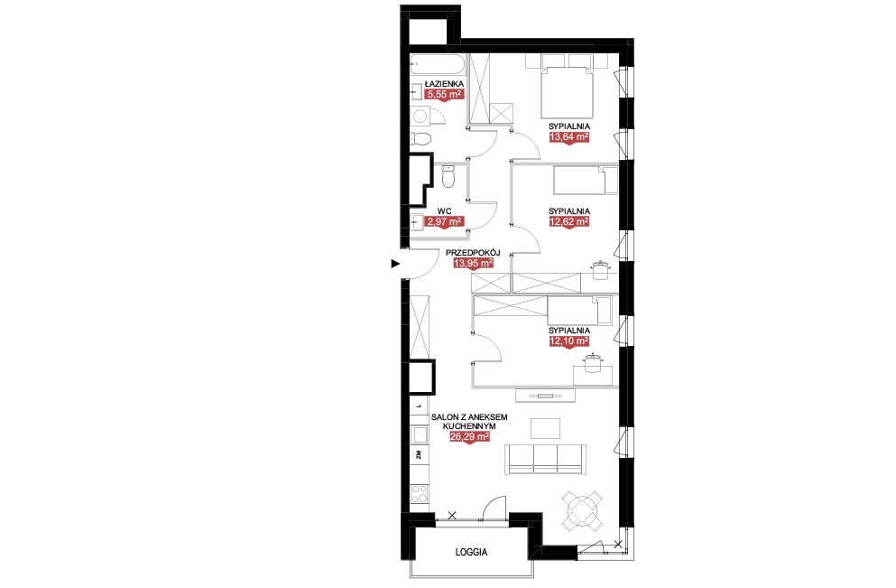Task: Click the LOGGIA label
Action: click(471, 552)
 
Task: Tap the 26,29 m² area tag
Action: click(470, 436)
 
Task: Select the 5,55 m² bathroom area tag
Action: click(444, 94)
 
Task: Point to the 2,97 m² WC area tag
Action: click(444, 221)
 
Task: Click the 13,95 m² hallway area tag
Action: click(473, 263)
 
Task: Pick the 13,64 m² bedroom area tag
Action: click(569, 136)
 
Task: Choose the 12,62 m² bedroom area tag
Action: click(569, 221)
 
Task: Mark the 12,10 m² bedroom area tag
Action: click(569, 341)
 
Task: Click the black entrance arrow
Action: click(395, 264)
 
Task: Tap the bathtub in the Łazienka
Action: click(437, 64)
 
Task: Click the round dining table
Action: click(582, 509)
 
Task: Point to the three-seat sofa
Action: click(545, 460)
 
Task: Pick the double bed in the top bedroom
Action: click(568, 88)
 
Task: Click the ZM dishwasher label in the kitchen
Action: click(419, 454)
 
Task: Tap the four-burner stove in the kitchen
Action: click(420, 494)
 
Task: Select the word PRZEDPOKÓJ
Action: click(473, 252)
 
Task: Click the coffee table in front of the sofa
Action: click(546, 428)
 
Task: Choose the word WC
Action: click(444, 211)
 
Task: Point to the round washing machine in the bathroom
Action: click(420, 117)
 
